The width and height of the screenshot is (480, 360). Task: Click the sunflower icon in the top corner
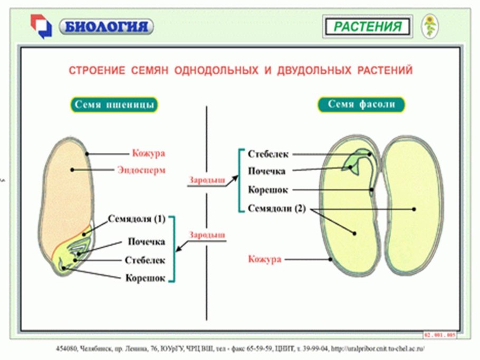[430, 26]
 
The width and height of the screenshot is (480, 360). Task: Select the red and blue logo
[41, 26]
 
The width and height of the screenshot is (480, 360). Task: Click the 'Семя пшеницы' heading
[114, 104]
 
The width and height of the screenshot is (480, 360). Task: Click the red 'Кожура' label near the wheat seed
[149, 154]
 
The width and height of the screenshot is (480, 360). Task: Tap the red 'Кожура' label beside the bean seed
[265, 259]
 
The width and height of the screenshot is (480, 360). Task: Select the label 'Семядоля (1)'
[137, 219]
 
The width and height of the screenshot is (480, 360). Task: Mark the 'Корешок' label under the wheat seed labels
[146, 278]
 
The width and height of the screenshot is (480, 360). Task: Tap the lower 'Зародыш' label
[207, 235]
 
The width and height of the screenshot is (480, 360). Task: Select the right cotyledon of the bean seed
[411, 206]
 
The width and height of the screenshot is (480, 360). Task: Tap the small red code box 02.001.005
[439, 335]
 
